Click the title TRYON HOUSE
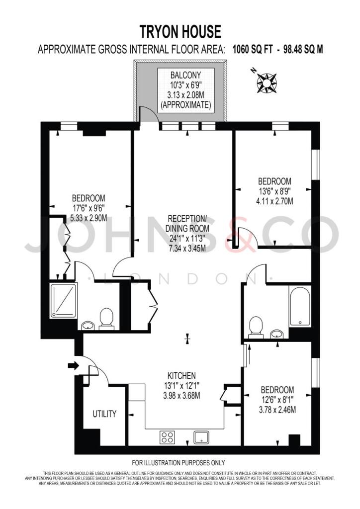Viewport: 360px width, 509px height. pyautogui.click(x=180, y=32)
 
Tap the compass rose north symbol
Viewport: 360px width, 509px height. pyautogui.click(x=267, y=82)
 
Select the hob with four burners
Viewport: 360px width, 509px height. pyautogui.click(x=167, y=437)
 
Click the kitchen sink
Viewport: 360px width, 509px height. pyautogui.click(x=201, y=437)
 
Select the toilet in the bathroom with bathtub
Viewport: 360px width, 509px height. pyautogui.click(x=255, y=327)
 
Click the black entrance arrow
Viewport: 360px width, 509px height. pyautogui.click(x=73, y=366)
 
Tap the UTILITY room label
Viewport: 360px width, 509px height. pyautogui.click(x=104, y=414)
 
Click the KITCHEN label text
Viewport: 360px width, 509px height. pyautogui.click(x=181, y=376)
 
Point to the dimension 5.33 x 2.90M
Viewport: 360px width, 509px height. pyautogui.click(x=89, y=218)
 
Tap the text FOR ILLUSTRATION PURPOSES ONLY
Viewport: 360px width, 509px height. pyautogui.click(x=178, y=462)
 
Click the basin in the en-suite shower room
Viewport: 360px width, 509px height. pyautogui.click(x=88, y=326)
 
